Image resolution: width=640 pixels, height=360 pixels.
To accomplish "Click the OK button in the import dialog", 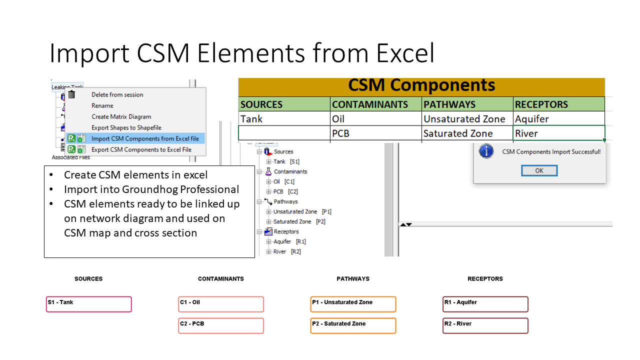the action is [x=539, y=170].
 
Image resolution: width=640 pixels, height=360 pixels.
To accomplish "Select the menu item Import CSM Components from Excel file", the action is [x=145, y=138].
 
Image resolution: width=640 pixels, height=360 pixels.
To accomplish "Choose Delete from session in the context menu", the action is [x=117, y=94].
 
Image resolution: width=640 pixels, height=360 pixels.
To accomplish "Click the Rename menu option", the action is [x=102, y=105].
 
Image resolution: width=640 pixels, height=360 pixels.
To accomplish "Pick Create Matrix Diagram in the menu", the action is [x=121, y=116].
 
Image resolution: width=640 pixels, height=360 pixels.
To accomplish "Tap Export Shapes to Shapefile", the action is [x=126, y=127].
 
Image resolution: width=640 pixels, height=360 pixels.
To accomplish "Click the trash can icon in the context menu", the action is [x=71, y=94].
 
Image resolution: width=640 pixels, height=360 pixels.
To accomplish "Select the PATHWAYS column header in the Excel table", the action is [x=467, y=104].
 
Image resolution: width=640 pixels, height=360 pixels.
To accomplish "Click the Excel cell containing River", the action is [x=559, y=133].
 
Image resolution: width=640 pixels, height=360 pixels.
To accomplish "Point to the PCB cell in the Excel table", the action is [x=375, y=133].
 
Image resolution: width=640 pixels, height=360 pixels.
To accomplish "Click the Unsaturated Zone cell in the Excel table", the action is [x=467, y=118].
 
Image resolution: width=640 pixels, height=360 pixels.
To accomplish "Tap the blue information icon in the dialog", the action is [x=486, y=151].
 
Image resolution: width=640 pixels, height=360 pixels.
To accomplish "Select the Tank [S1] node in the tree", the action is [x=286, y=161].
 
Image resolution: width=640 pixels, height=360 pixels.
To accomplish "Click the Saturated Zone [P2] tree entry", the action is [x=299, y=221].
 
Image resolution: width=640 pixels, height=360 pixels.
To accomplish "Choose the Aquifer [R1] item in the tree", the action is [x=289, y=241].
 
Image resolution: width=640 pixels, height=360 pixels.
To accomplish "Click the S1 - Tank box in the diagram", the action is [x=89, y=304].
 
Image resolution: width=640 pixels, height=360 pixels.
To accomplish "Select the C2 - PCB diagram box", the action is [x=221, y=325].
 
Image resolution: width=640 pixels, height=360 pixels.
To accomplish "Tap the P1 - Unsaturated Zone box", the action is [x=353, y=304].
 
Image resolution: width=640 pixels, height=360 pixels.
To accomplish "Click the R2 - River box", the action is [x=485, y=325].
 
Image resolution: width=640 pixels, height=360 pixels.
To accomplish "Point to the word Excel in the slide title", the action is [x=405, y=53].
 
